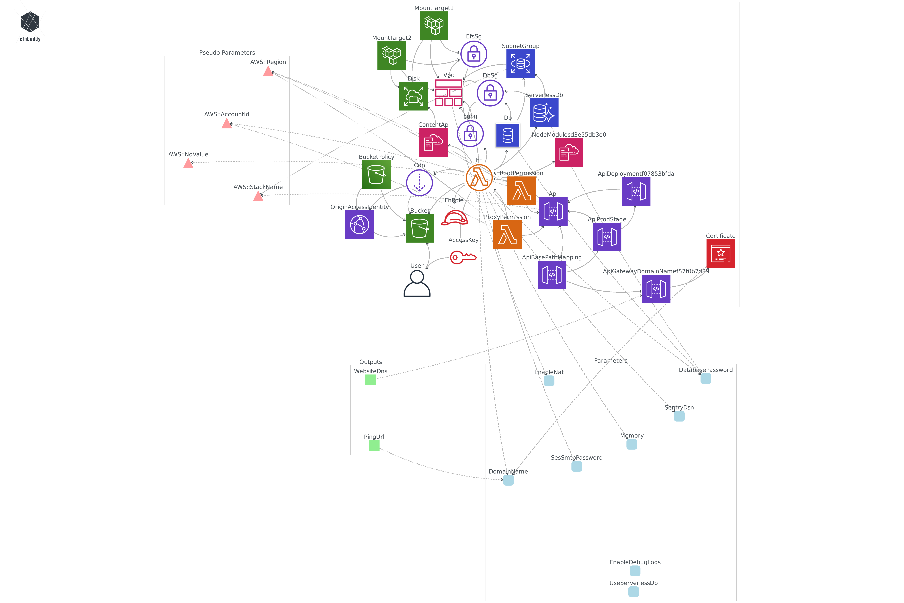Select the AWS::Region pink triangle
[x=268, y=71]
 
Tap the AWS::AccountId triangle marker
[x=227, y=124]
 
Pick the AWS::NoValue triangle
[x=188, y=164]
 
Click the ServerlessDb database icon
[x=544, y=113]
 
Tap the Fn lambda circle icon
[x=479, y=178]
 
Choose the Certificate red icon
[x=720, y=253]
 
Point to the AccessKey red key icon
[x=463, y=257]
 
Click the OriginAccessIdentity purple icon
[x=359, y=225]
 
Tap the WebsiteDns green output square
[x=370, y=380]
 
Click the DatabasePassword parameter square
[x=706, y=379]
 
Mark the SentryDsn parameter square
[x=679, y=416]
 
